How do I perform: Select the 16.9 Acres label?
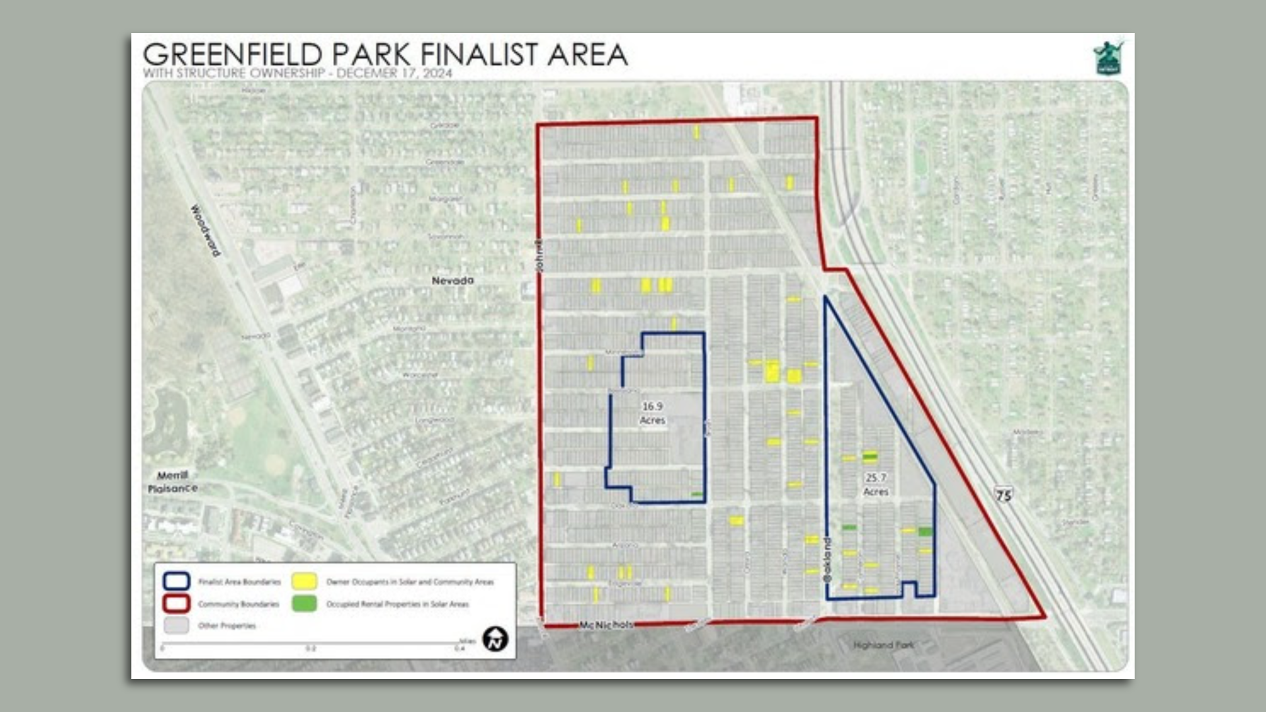[652, 413]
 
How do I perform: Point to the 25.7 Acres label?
[876, 485]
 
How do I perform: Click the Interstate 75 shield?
[1003, 494]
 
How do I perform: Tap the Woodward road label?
[205, 230]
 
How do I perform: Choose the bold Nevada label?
[452, 280]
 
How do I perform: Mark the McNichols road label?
[606, 624]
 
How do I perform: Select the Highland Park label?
[884, 645]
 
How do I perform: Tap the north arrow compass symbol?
[495, 639]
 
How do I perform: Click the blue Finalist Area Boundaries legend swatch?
[177, 581]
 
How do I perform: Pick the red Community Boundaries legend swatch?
[177, 603]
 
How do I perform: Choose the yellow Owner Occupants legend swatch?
[305, 581]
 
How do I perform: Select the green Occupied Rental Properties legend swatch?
[305, 603]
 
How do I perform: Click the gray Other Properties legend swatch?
[177, 626]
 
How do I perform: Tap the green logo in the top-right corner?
[1108, 58]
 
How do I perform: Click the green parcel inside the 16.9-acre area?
[697, 494]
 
